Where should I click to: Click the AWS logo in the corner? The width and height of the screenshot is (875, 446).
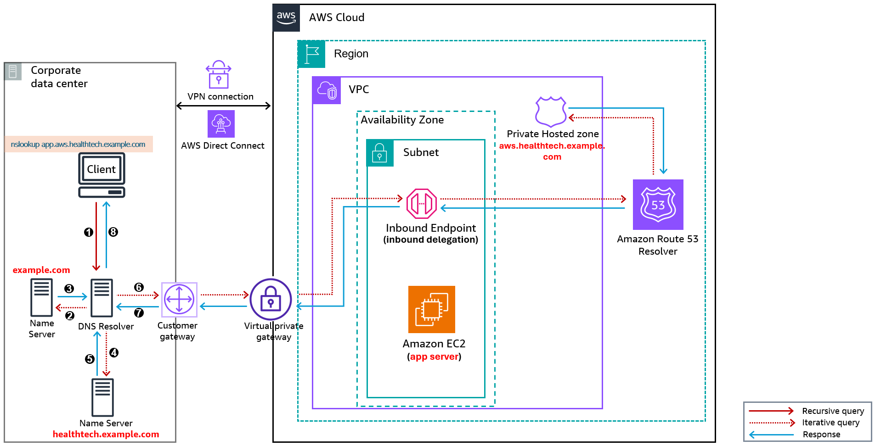pos(286,18)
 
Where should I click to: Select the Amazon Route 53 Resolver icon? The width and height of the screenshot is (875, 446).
pos(658,205)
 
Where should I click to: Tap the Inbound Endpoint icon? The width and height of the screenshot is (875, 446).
pos(421,204)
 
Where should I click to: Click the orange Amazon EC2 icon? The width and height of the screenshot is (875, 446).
pos(431,309)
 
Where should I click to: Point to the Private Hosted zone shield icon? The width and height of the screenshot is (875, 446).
pos(550,111)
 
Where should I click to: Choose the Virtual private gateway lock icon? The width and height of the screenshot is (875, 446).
pos(271,299)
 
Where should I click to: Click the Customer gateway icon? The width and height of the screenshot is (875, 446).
pos(179,299)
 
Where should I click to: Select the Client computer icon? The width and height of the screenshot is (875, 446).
pos(102,175)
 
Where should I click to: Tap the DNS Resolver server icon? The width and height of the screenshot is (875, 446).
pos(102,298)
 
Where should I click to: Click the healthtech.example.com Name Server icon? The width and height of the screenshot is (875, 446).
pos(102,397)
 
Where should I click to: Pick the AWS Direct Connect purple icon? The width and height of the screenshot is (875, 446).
pos(221,124)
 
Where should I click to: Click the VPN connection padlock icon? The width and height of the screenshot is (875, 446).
pos(219,75)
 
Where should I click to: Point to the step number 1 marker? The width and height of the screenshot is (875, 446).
pos(89,232)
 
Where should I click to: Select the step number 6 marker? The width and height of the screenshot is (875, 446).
pos(139,287)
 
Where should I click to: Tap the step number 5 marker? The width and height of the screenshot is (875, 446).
pos(90,359)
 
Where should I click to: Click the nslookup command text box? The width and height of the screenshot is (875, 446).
pos(79,144)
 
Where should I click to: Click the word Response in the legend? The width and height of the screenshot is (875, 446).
pos(821,434)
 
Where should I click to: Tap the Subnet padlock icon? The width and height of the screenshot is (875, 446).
pos(379,153)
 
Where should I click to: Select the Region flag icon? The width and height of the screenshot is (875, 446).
pos(311,54)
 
